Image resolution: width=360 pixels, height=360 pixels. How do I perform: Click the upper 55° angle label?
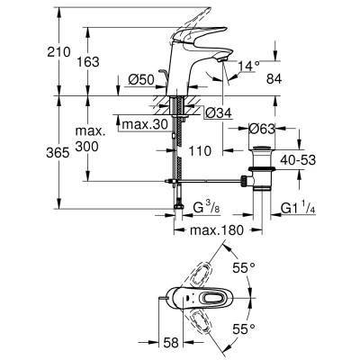[264, 268]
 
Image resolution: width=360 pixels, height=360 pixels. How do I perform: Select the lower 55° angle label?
[264, 331]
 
